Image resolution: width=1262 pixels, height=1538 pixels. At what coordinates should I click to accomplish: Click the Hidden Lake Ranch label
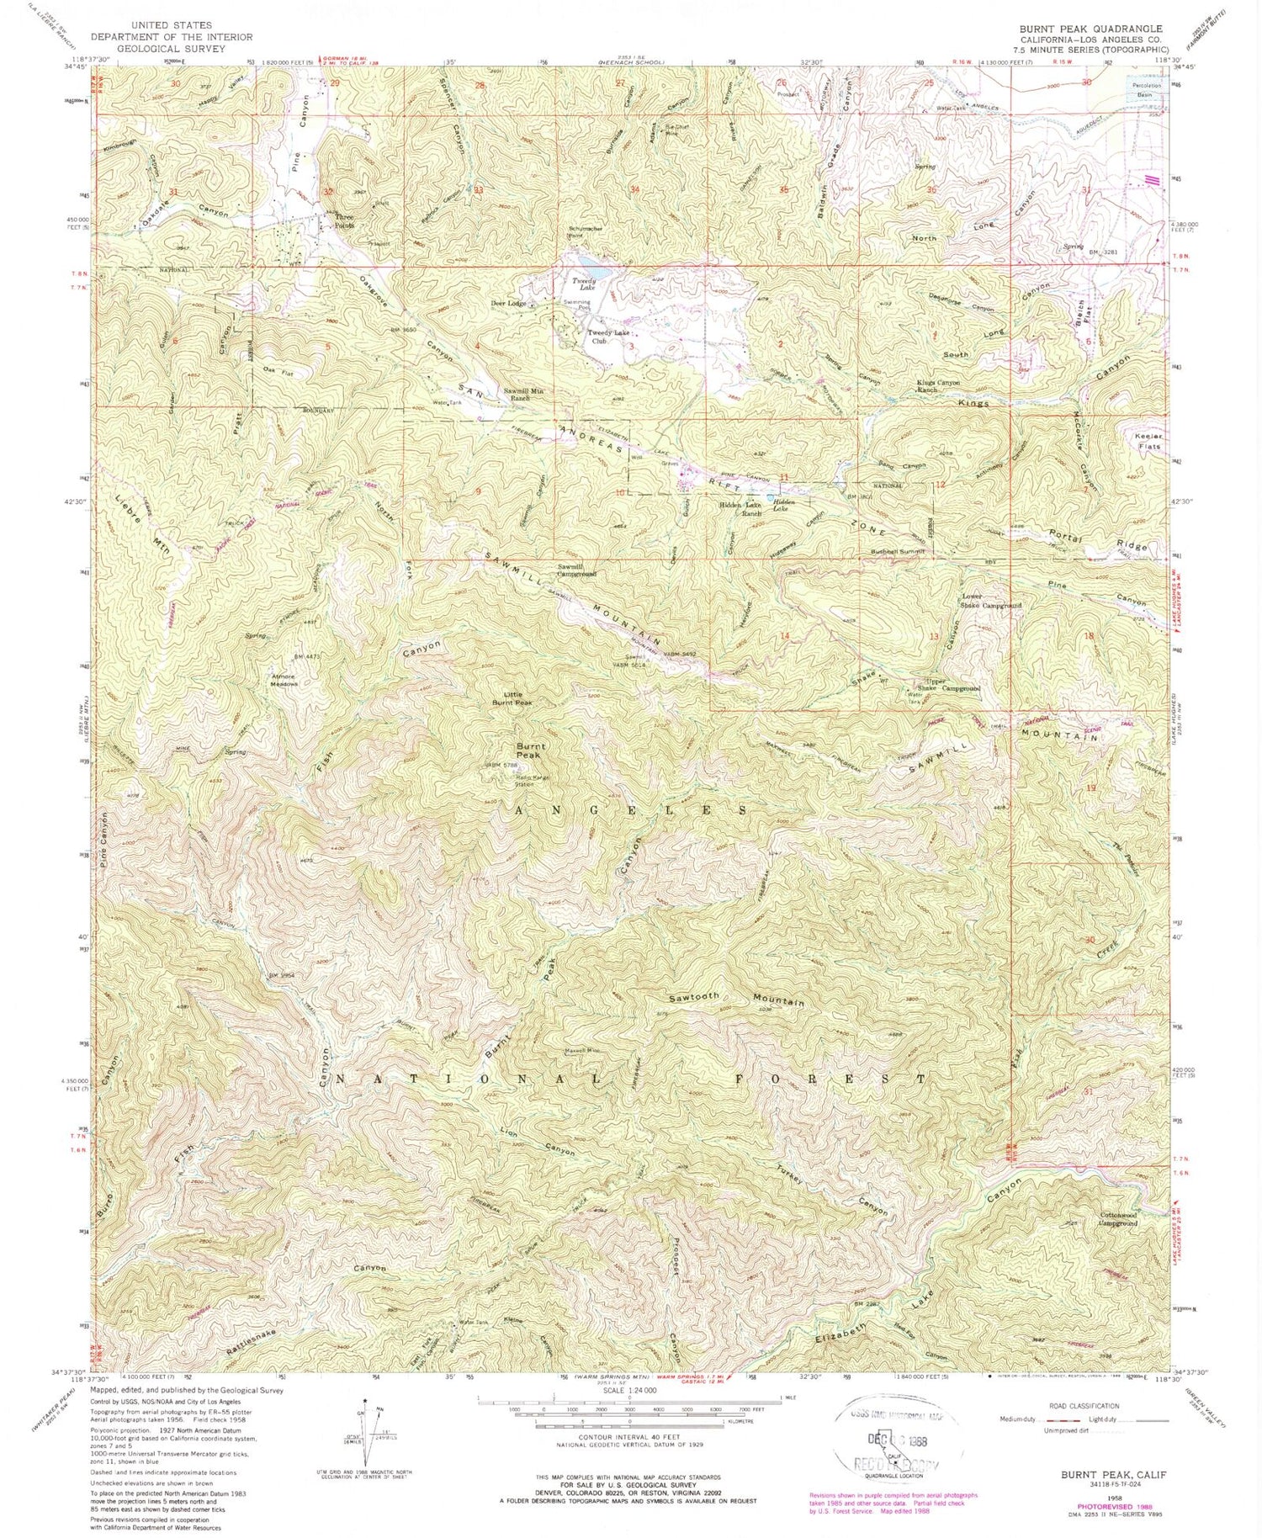[x=740, y=508]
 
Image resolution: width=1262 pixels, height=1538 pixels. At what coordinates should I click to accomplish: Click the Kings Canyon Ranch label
[x=938, y=386]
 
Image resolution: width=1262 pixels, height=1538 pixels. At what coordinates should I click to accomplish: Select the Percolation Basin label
[x=1146, y=90]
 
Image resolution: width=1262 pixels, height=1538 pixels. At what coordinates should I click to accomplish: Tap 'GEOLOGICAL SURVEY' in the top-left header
[x=171, y=49]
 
